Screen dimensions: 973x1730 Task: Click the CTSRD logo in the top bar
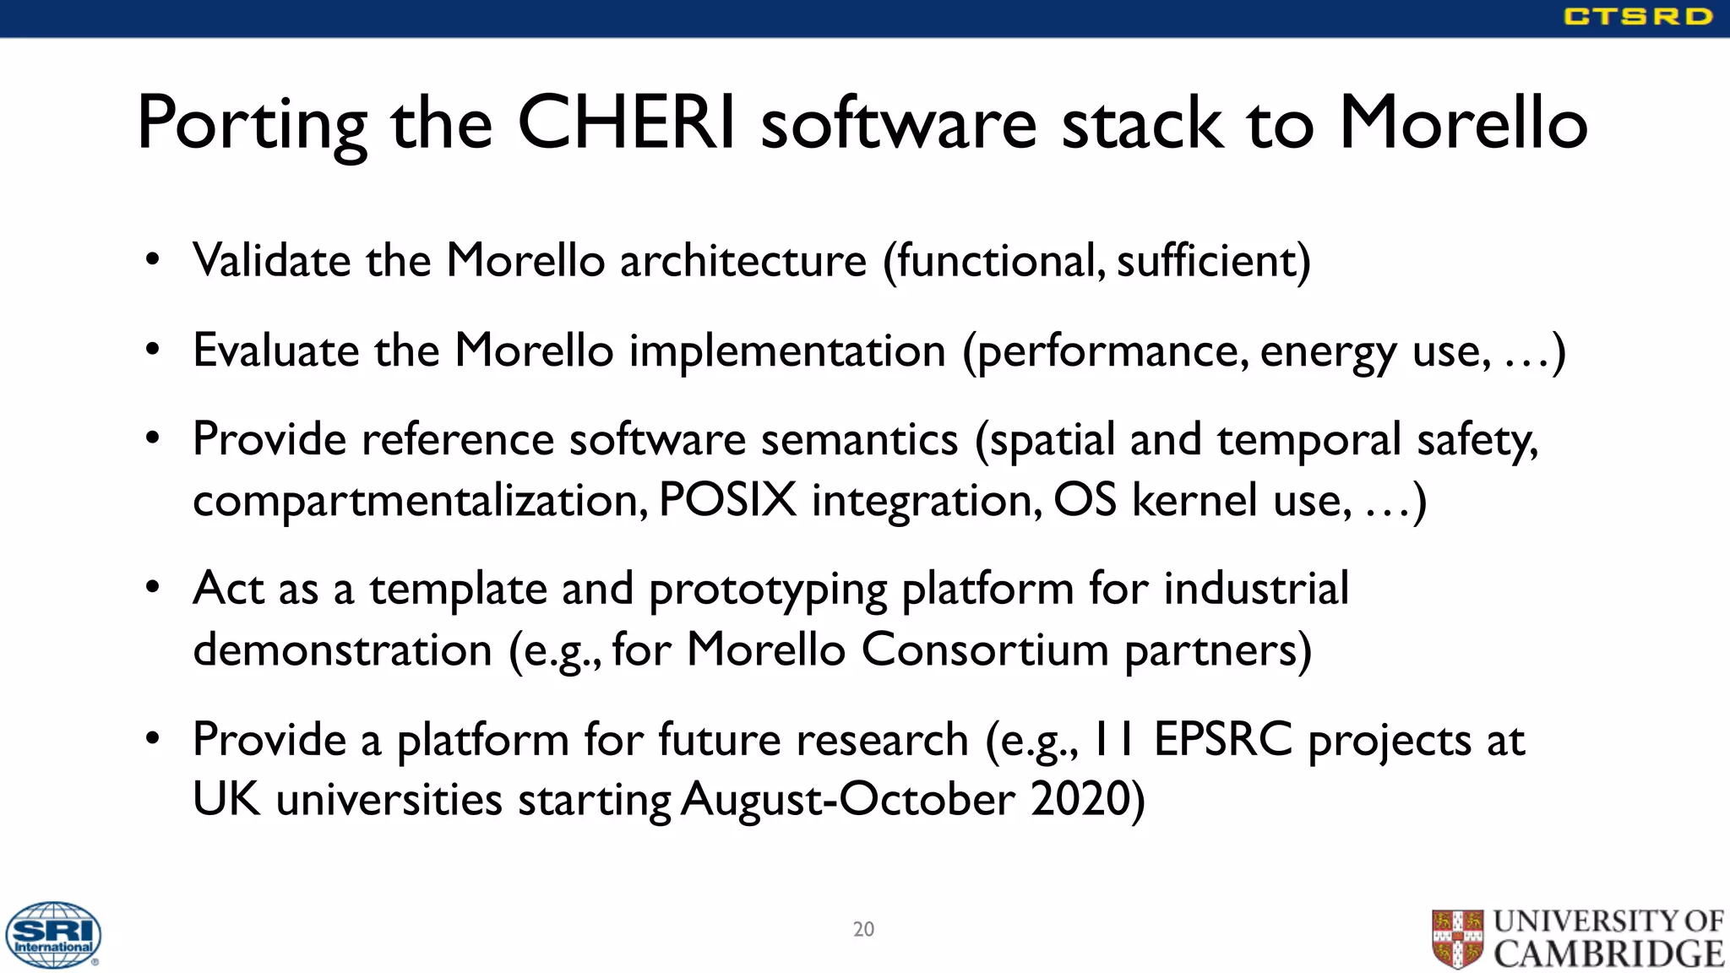click(x=1637, y=17)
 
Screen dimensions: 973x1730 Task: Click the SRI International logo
click(x=53, y=934)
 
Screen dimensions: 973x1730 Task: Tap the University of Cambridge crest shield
click(x=1457, y=938)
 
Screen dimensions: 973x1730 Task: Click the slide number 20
click(x=863, y=929)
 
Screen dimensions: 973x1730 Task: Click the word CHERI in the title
click(x=626, y=123)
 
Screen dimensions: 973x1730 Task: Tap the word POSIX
click(x=726, y=499)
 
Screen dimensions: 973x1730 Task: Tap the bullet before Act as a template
click(x=152, y=587)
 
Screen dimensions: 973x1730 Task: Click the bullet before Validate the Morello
click(x=152, y=259)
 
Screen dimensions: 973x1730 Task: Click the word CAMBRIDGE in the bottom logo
click(x=1608, y=954)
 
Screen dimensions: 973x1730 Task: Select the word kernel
click(x=1194, y=499)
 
